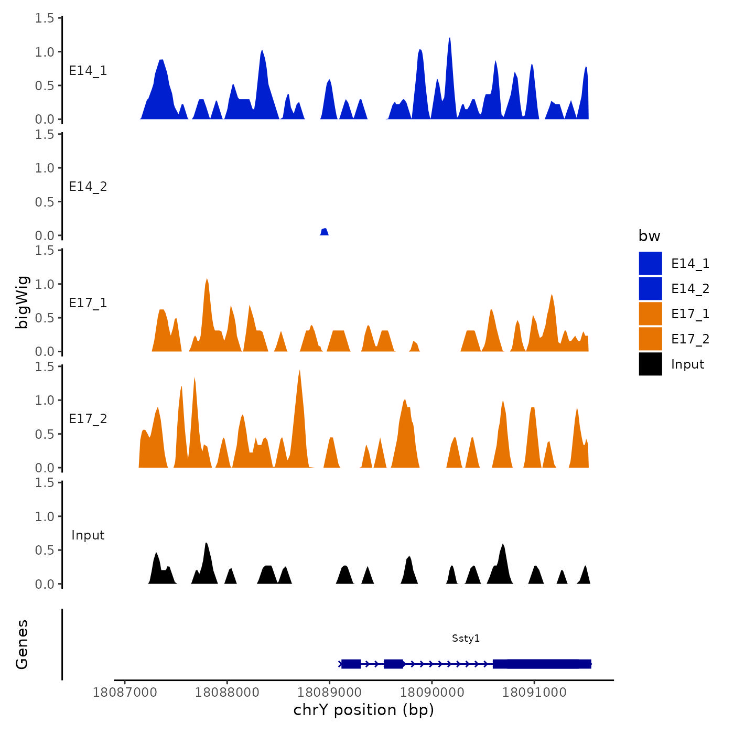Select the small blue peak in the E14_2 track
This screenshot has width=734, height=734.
click(x=325, y=232)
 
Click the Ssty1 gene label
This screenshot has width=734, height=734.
click(x=466, y=638)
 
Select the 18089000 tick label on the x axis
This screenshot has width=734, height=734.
click(x=329, y=692)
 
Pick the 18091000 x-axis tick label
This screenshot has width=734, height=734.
click(x=534, y=692)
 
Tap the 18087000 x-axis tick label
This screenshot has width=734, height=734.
click(x=125, y=692)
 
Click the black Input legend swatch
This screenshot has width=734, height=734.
click(x=650, y=364)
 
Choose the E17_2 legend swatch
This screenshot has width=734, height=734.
click(x=650, y=339)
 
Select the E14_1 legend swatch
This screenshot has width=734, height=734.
click(x=650, y=263)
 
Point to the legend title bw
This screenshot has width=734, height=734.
click(x=649, y=236)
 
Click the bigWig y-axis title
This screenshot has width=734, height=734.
click(x=22, y=302)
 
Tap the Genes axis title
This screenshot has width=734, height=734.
click(x=22, y=644)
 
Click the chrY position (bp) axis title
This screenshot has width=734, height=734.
click(x=363, y=710)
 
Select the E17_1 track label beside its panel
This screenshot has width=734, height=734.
click(x=88, y=303)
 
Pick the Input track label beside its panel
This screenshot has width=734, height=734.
click(x=88, y=535)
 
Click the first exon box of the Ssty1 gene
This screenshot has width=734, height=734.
click(x=351, y=664)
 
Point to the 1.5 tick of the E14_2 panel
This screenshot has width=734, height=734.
click(x=45, y=134)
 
